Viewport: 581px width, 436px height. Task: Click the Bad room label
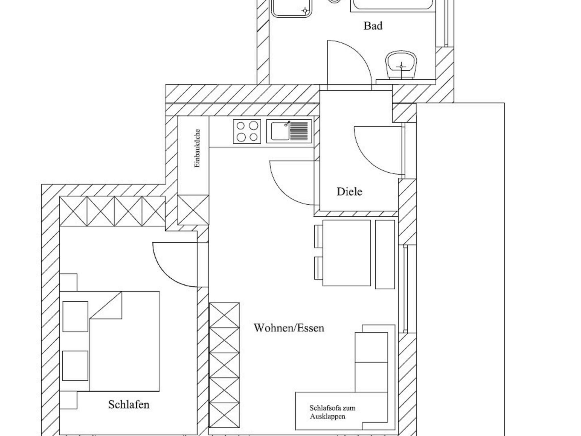point(373,26)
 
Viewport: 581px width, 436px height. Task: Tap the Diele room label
point(349,192)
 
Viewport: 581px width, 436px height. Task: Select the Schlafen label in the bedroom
point(129,405)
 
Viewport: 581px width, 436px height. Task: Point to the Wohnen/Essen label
point(289,328)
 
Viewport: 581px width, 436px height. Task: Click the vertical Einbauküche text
point(197,148)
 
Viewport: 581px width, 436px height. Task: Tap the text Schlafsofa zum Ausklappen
point(332,412)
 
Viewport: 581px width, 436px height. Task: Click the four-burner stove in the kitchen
point(247,131)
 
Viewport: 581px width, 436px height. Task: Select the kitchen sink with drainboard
point(289,131)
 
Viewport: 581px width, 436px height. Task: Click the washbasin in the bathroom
point(401,65)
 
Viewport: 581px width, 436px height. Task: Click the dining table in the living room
point(346,253)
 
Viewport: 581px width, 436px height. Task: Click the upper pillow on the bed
point(75,316)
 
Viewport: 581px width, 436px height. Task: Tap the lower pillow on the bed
point(75,366)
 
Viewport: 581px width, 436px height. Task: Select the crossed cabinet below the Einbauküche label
point(193,210)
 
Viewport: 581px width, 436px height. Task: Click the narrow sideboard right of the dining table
point(385,254)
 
